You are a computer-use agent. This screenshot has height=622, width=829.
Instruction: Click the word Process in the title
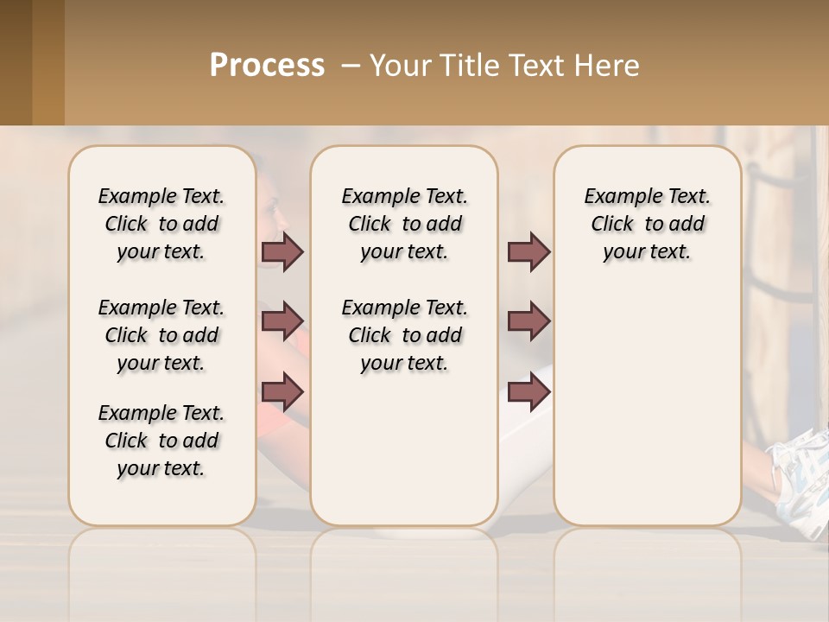point(267,65)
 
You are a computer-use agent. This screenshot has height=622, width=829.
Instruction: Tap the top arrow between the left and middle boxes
point(282,252)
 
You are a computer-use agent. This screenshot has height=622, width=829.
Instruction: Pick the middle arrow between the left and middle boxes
point(282,321)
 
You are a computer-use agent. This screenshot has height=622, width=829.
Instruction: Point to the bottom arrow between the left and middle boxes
point(282,391)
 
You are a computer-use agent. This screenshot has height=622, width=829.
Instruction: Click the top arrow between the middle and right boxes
point(528,252)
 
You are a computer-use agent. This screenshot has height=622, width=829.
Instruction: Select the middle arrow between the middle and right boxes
point(528,321)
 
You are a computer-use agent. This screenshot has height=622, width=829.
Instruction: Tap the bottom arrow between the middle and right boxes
point(528,392)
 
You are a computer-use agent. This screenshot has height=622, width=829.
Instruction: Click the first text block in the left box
point(161,224)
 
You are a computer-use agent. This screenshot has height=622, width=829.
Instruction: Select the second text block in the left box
point(161,335)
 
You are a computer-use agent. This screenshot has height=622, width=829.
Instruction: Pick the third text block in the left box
point(161,441)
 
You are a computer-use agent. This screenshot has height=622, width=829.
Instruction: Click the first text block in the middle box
point(405,224)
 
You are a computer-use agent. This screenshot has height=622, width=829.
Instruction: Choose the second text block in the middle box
point(405,335)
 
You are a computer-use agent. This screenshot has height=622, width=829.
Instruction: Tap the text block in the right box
point(648,224)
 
